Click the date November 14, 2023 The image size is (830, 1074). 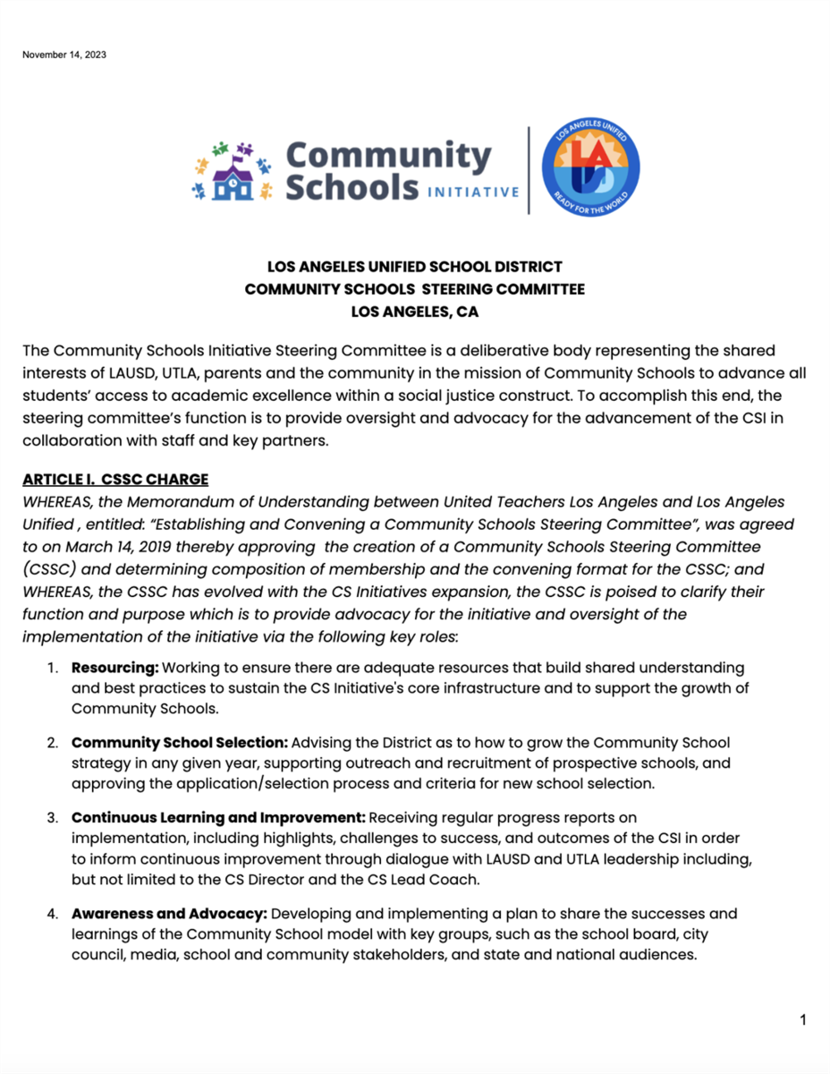pos(64,55)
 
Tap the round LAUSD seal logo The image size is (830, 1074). pos(591,169)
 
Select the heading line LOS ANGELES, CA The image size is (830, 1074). pos(415,312)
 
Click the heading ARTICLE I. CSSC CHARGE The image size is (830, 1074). pos(115,479)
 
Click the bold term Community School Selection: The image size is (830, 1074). pos(180,743)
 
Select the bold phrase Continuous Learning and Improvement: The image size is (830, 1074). pos(218,817)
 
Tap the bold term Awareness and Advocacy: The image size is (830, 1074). pos(169,914)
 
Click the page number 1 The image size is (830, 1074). pos(803,1019)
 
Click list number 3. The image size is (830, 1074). pos(53,817)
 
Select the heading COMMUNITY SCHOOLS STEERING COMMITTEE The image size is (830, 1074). pos(415,289)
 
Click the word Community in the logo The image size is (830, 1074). pos(388,156)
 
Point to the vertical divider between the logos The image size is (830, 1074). pos(529,170)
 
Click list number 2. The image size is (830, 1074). pos(53,743)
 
